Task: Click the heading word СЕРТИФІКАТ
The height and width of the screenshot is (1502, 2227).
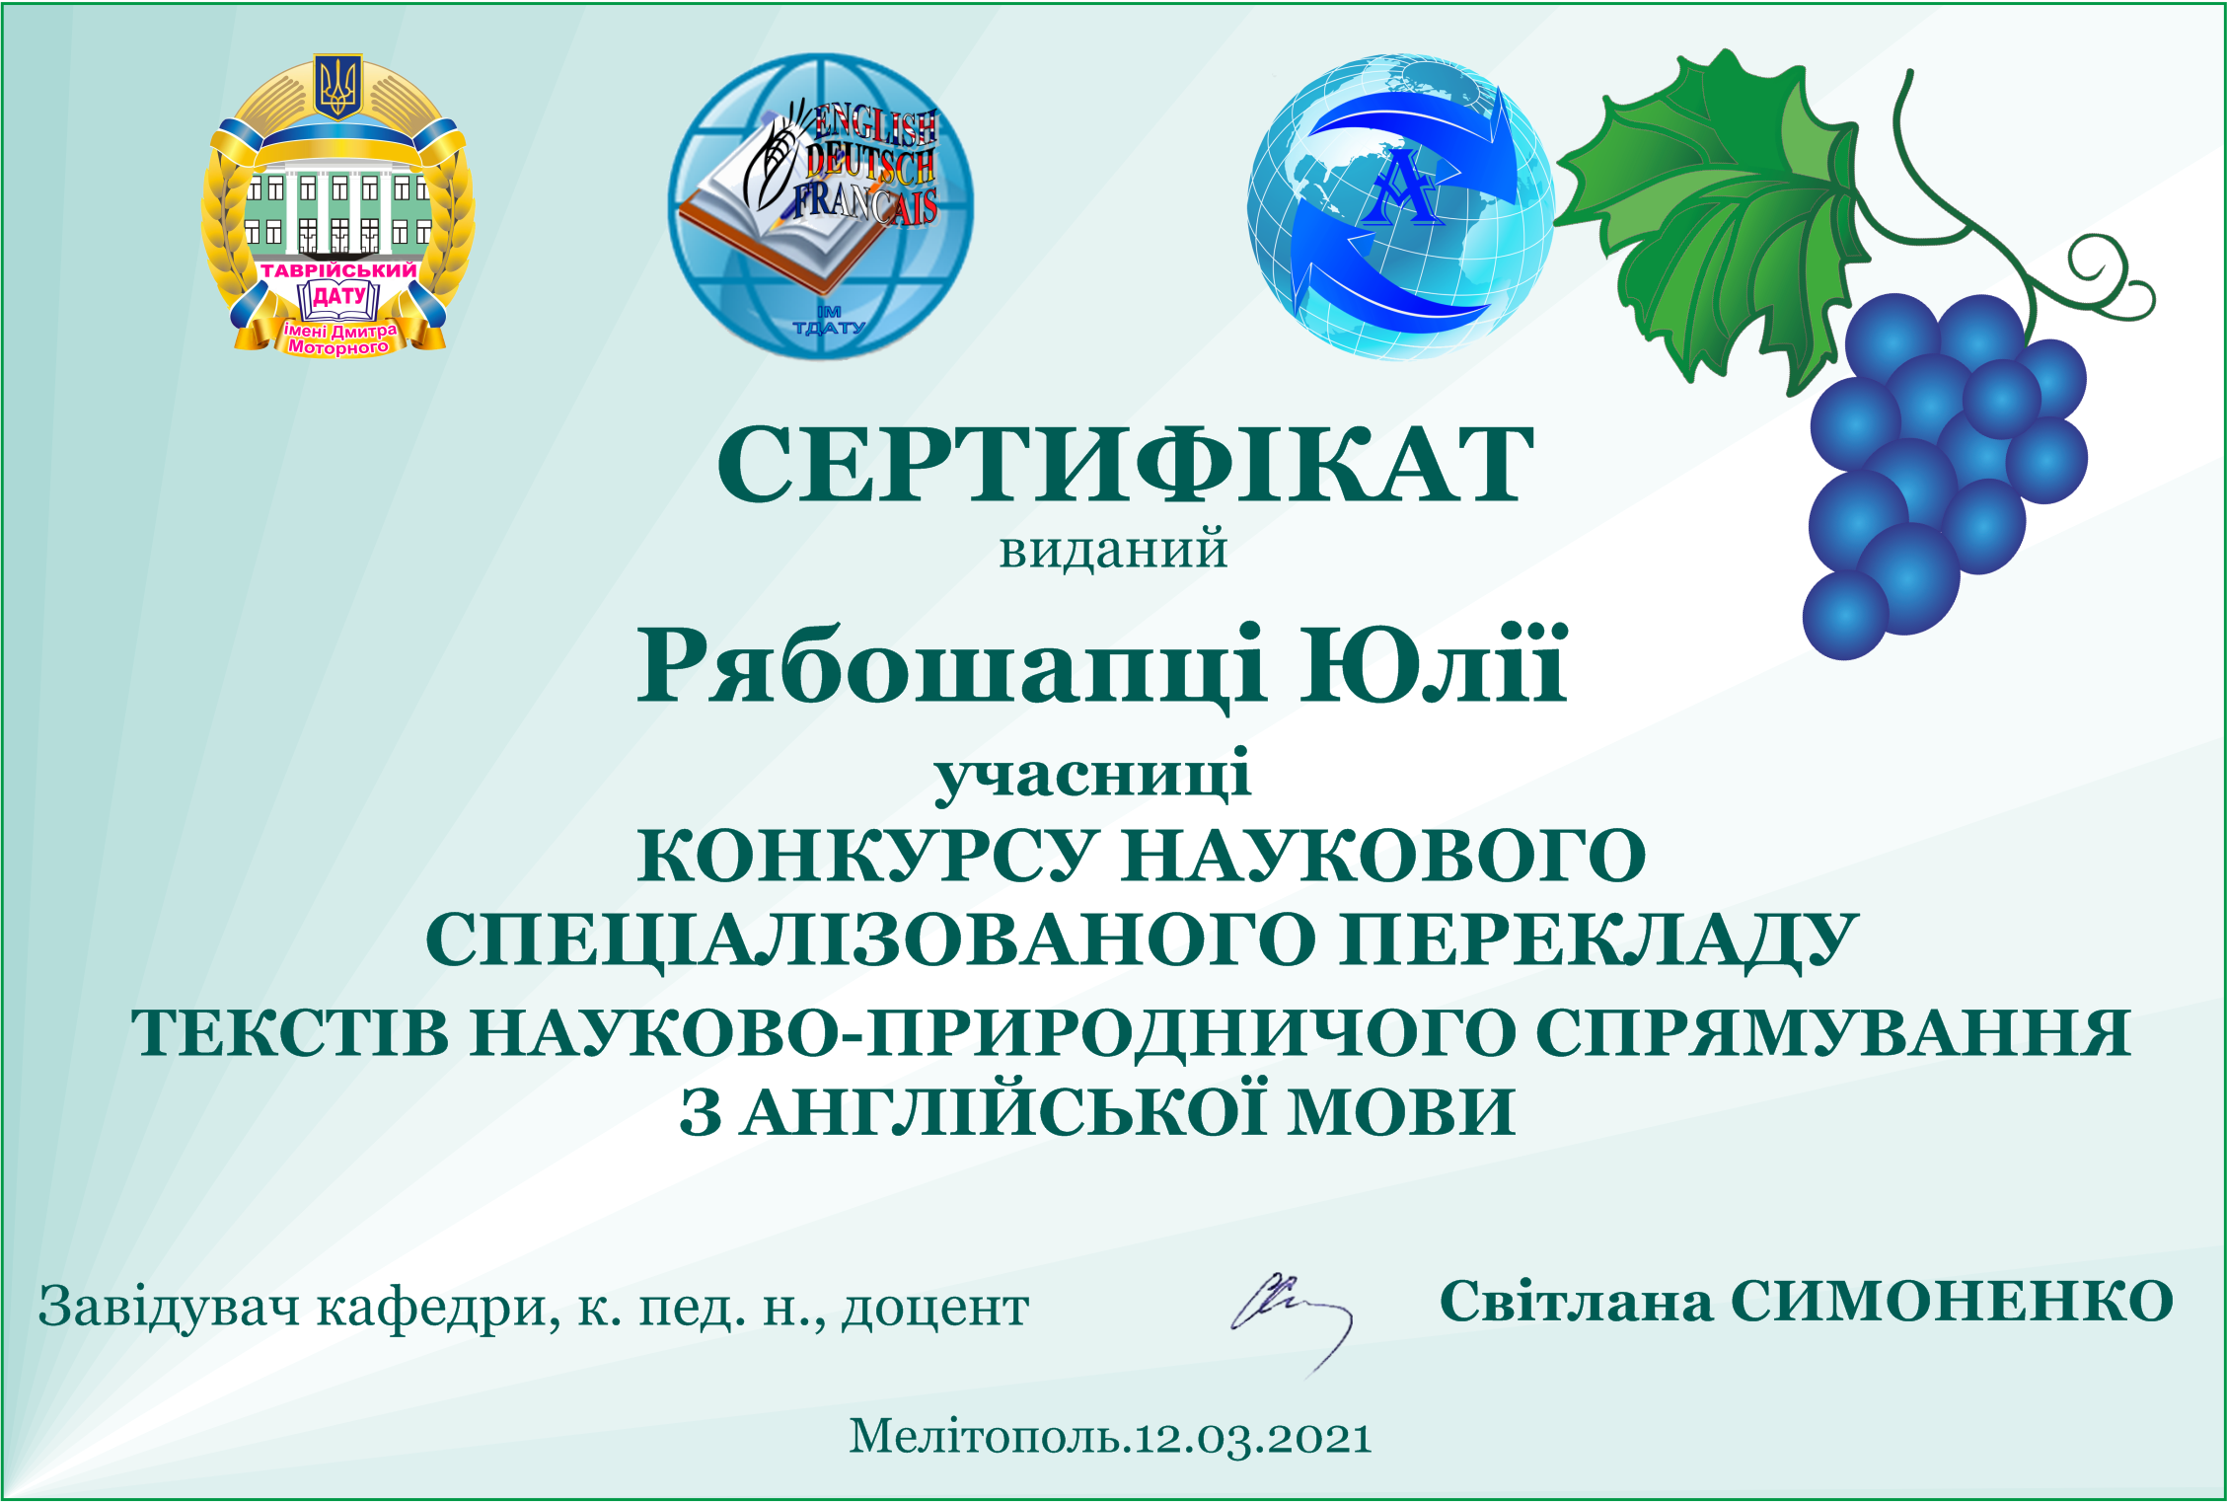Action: (1125, 463)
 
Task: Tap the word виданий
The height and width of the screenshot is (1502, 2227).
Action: (1113, 551)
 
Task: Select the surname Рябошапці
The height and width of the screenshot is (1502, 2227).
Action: (950, 668)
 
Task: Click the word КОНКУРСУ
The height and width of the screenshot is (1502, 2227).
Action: (865, 856)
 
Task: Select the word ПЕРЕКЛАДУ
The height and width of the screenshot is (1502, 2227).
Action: (1599, 940)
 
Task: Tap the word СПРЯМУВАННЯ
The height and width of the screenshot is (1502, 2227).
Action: (1833, 1033)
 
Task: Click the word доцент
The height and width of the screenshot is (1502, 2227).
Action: (935, 1310)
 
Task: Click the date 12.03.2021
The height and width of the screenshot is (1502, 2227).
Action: (1252, 1438)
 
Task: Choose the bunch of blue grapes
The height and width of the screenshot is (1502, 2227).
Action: (1944, 474)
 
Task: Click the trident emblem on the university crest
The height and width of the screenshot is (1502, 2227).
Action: (338, 86)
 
